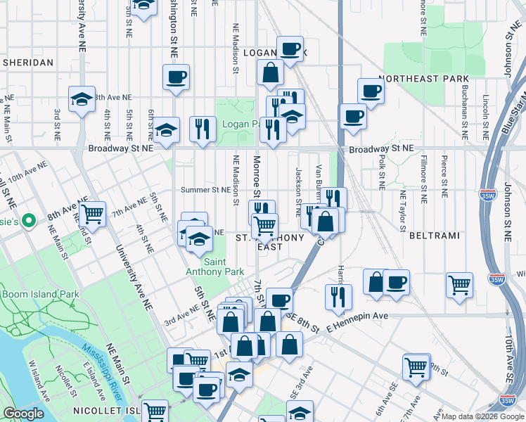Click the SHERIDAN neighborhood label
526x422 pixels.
pos(28,63)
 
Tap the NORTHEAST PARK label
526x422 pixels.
pos(413,79)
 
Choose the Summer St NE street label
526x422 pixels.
pos(205,190)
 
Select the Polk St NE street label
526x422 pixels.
pos(381,172)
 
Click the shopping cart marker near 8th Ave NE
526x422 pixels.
pos(91,212)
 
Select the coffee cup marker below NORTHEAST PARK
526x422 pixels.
pos(371,89)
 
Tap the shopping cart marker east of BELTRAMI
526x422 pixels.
pos(459,284)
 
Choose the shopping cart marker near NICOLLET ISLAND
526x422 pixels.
pos(155,410)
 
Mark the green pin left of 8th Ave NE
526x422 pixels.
pos(28,221)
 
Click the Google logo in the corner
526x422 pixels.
pos(23,414)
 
